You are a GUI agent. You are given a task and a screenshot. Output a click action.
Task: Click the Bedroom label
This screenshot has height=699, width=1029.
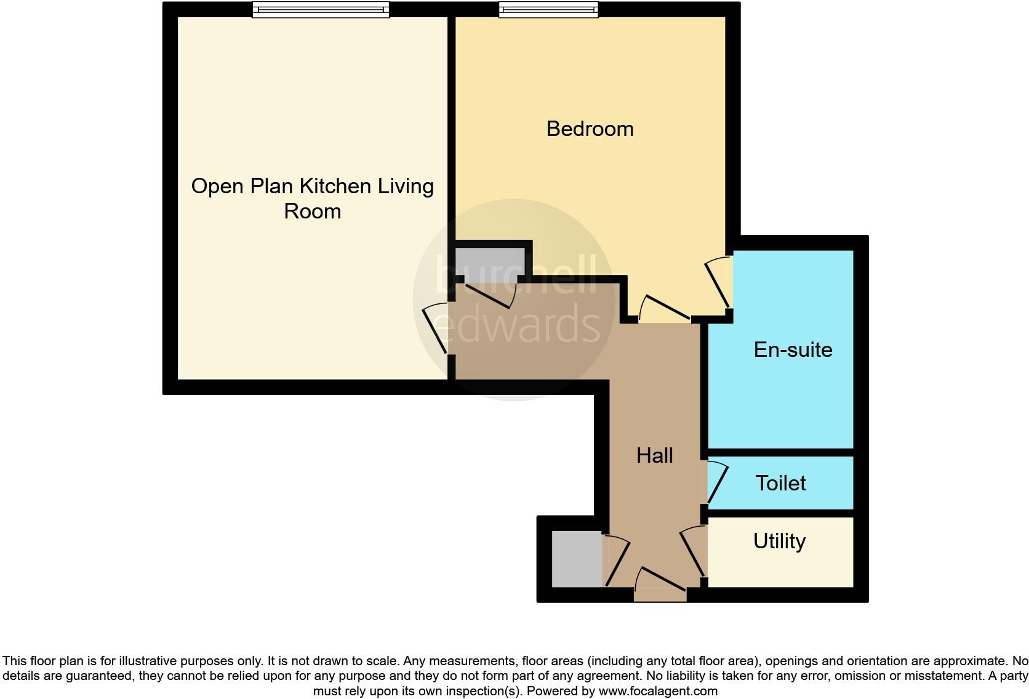click(x=590, y=129)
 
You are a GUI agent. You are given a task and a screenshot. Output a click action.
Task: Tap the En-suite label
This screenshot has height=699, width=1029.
click(x=793, y=349)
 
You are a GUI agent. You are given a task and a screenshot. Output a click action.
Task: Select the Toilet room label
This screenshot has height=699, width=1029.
click(x=780, y=483)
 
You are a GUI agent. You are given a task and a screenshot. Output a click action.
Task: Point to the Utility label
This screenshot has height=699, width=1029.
click(x=779, y=541)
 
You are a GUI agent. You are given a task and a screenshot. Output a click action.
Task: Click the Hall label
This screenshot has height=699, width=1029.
click(x=654, y=455)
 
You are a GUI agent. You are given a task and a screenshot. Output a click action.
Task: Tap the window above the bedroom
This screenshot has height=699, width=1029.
click(x=548, y=9)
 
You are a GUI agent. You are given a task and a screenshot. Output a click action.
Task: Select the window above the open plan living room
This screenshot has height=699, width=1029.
click(x=321, y=9)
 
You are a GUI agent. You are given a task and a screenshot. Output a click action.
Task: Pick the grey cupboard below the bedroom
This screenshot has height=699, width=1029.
click(x=489, y=262)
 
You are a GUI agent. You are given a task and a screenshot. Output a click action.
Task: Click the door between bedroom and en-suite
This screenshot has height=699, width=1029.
click(x=718, y=283)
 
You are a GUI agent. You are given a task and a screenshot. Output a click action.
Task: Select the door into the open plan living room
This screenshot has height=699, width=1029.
click(x=434, y=329)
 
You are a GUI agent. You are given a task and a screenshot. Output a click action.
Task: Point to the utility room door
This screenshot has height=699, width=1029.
click(x=693, y=551)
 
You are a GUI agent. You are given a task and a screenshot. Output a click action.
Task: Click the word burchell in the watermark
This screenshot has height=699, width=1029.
click(x=516, y=274)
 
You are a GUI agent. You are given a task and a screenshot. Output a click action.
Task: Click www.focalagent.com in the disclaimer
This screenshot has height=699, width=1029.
click(x=657, y=691)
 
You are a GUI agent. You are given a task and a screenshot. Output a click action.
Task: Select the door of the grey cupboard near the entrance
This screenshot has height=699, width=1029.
click(x=618, y=561)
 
